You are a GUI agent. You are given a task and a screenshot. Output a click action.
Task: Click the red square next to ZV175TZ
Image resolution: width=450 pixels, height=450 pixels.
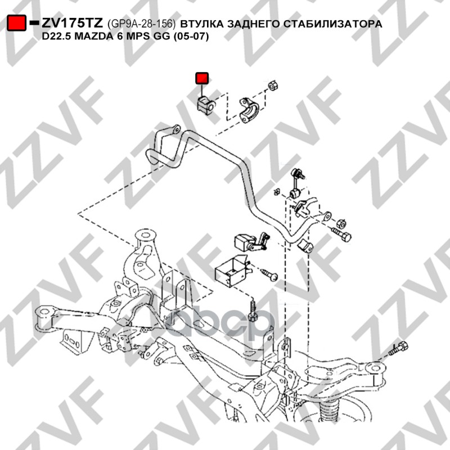point(17,23)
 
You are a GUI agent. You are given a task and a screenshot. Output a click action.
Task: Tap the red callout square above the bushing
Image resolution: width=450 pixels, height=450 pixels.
point(201,78)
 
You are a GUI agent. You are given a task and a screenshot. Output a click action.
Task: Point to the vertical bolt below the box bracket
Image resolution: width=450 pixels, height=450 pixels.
point(253,311)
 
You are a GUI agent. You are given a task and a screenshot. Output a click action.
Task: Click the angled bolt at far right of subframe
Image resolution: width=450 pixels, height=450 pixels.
point(398,349)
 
